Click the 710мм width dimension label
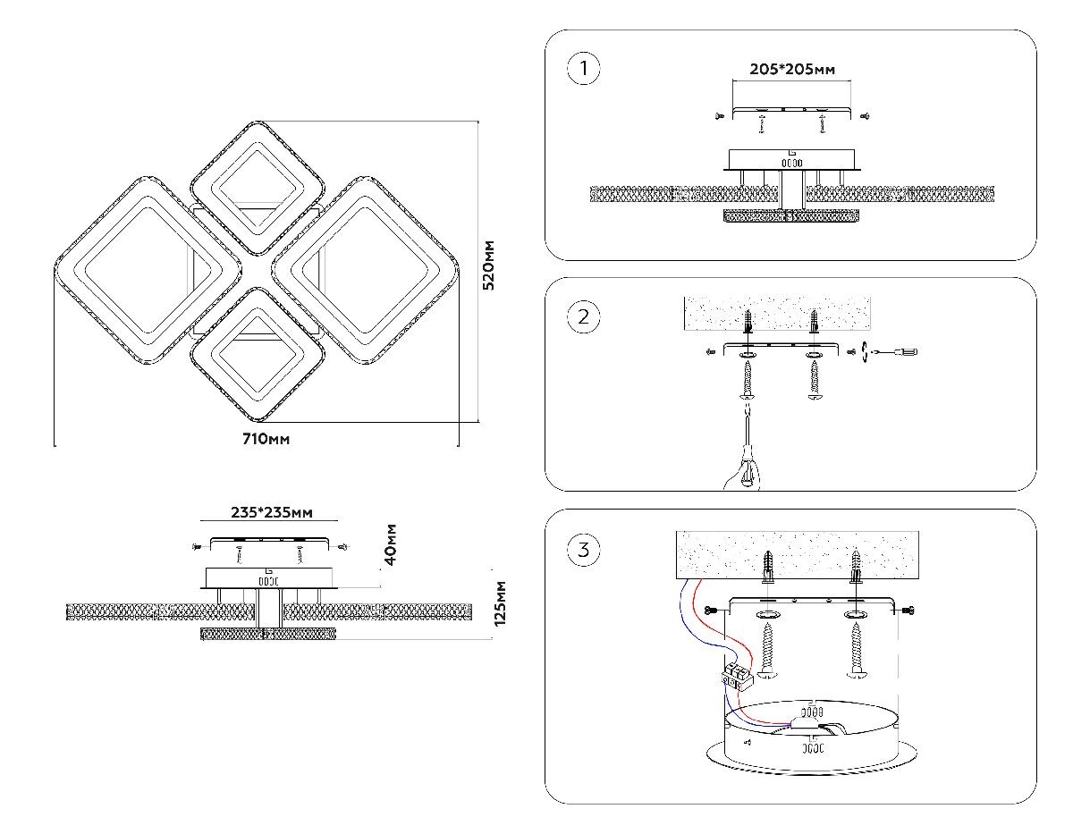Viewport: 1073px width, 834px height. point(266,439)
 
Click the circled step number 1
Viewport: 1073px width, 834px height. point(584,70)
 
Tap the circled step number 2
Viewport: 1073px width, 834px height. point(584,316)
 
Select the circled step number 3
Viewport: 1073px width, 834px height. point(584,549)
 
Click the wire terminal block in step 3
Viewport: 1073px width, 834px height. point(736,676)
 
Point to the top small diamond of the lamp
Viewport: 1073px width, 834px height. point(258,188)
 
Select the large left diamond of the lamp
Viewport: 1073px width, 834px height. point(148,270)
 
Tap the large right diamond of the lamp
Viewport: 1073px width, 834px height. point(367,270)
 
